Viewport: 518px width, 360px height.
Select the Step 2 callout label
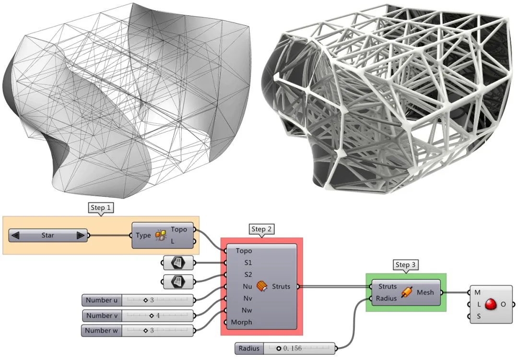(261, 229)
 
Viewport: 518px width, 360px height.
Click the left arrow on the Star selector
(15, 235)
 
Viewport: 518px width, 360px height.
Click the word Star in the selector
(47, 235)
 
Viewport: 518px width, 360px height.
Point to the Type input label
(143, 235)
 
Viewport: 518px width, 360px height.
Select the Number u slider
(138, 301)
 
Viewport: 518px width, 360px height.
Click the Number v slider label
(102, 316)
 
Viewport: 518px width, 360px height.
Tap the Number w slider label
(102, 331)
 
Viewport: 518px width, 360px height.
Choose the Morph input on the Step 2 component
(241, 322)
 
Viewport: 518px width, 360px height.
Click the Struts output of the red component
(281, 287)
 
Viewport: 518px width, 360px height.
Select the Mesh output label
(425, 292)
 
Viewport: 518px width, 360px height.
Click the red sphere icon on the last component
(490, 304)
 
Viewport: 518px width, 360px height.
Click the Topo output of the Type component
(178, 230)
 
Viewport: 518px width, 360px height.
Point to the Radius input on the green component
(386, 298)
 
